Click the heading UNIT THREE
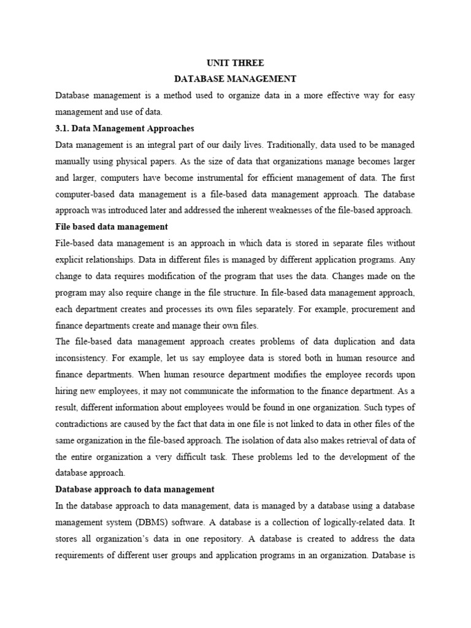235,63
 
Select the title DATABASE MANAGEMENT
235,79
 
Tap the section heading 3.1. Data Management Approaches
124,128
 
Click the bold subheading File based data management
112,226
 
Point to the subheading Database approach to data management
135,489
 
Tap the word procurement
350,308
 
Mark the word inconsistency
83,358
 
